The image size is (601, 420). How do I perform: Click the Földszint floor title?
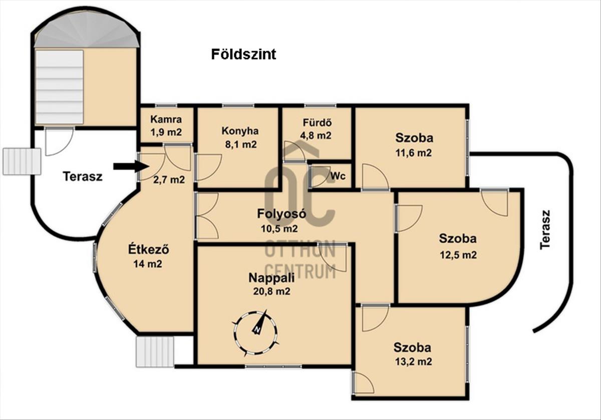click(243, 55)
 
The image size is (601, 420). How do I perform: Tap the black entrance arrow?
click(131, 166)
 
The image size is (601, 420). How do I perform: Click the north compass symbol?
click(255, 332)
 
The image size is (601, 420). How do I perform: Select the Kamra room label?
click(166, 119)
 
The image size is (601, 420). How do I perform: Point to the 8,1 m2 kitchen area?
click(241, 145)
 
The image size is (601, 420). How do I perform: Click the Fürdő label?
click(317, 123)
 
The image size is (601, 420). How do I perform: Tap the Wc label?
click(338, 176)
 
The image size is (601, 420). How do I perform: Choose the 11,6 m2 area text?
click(414, 153)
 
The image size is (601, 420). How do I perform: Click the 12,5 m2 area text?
click(458, 255)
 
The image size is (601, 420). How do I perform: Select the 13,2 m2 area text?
click(414, 361)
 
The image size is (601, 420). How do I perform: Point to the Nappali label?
click(271, 278)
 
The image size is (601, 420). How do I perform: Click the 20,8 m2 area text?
click(271, 291)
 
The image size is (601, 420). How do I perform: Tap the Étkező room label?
click(148, 249)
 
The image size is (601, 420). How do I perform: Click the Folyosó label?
click(281, 214)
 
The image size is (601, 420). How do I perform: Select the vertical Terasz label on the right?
click(545, 230)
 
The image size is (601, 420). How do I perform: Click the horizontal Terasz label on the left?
click(83, 177)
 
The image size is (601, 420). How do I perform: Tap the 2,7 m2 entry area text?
click(169, 180)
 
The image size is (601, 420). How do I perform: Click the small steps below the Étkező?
click(155, 352)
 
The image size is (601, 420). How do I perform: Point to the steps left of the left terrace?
click(22, 162)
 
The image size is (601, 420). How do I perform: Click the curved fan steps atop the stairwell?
click(87, 32)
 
